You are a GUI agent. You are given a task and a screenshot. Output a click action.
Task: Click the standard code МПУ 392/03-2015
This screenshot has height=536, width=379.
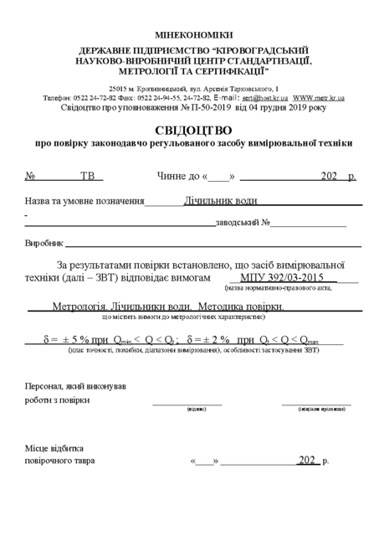tap(280, 277)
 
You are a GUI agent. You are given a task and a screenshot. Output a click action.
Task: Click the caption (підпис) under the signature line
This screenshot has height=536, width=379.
tap(197, 410)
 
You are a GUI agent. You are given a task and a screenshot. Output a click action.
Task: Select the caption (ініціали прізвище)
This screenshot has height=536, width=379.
tap(322, 410)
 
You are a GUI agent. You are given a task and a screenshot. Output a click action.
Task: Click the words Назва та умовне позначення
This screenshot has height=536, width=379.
tap(85, 202)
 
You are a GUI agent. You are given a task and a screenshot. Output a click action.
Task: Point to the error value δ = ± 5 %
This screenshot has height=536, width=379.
tap(66, 340)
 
